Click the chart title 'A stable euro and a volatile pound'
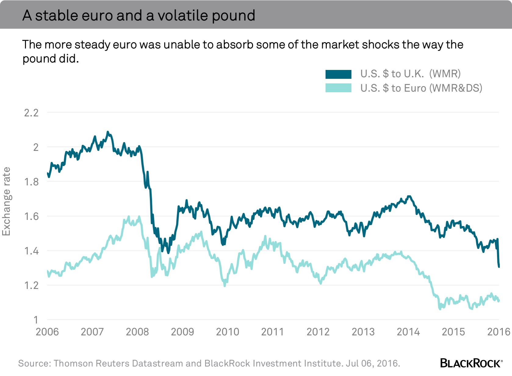pos(139,15)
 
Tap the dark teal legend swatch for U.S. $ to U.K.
pos(338,74)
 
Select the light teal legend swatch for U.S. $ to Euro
pos(338,88)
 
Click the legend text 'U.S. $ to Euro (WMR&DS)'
pos(421,88)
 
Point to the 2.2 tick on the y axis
pos(31,113)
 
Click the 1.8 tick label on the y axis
pos(31,182)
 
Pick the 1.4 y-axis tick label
pos(31,251)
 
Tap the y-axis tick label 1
pos(36,320)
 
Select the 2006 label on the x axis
pos(47,332)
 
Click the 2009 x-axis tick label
pos(182,332)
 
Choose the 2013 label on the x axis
pos(363,332)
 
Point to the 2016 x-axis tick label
pos(499,332)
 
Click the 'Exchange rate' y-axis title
pos(6,201)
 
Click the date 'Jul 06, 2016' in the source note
pos(373,363)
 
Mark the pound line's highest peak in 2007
pos(107,132)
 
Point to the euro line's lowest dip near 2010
pos(225,285)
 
